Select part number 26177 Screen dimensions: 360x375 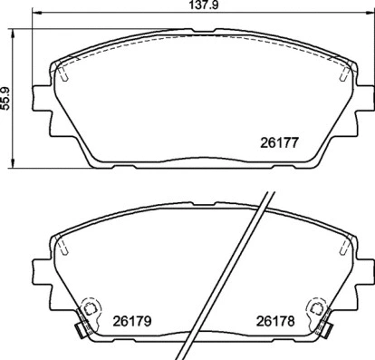pos(278,142)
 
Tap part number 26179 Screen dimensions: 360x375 pos(130,319)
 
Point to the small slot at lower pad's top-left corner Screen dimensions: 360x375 pos(62,246)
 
